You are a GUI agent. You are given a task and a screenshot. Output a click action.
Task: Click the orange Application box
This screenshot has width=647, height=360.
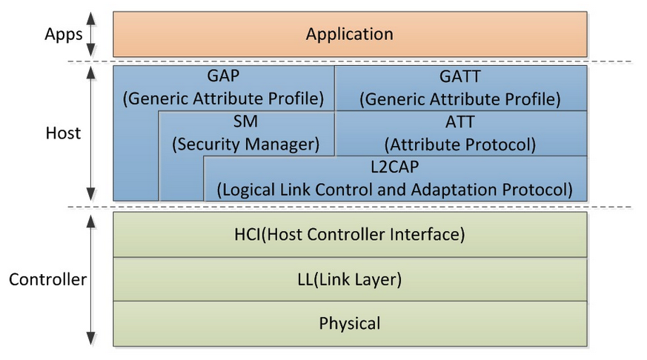[x=349, y=34]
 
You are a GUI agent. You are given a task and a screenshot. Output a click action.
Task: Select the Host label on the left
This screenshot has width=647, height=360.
[x=63, y=133]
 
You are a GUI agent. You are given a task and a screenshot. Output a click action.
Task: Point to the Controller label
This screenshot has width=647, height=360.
[x=47, y=280]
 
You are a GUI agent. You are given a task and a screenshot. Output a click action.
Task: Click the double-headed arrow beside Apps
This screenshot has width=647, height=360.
[x=92, y=34]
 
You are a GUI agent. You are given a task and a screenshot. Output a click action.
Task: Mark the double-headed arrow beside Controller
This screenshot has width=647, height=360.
[x=92, y=279]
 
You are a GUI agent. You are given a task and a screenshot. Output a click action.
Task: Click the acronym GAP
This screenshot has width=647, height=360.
[x=224, y=76]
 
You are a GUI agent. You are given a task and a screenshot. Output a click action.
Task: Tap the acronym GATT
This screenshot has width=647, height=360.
[x=460, y=76]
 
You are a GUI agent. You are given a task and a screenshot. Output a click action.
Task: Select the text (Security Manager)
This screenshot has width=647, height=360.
[x=245, y=144]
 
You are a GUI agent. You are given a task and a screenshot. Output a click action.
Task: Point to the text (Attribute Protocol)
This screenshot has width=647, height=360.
[x=460, y=144]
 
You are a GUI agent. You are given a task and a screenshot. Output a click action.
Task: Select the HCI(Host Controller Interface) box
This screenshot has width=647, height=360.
[x=349, y=236]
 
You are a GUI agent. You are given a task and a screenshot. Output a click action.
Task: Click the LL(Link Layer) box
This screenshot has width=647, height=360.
[x=349, y=280]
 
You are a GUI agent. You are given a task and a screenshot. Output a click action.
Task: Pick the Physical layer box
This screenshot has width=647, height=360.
[x=349, y=324]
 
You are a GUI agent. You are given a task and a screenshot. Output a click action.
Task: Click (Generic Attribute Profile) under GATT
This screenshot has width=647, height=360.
[x=460, y=99]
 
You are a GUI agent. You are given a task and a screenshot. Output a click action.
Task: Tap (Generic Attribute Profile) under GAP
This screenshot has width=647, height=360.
[x=224, y=99]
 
